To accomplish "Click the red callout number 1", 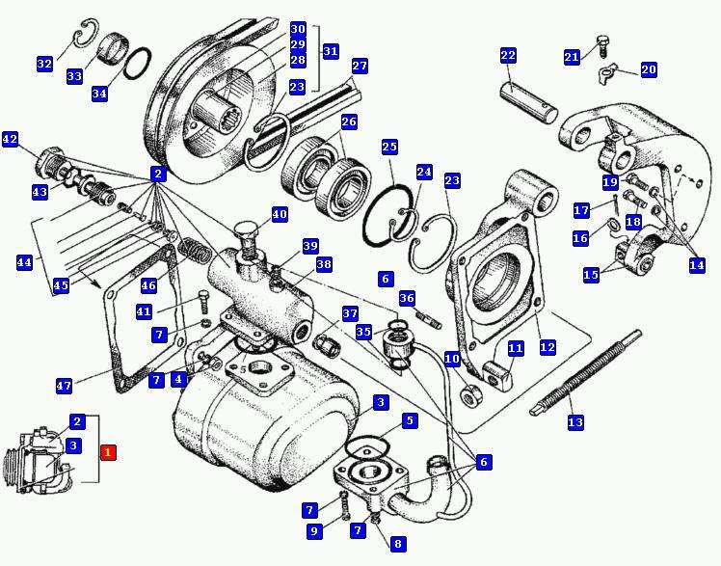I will tap(108, 451).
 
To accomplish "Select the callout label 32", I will tap(44, 64).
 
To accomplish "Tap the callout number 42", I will tap(10, 139).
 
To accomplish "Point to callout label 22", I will tap(508, 56).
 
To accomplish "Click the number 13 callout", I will tap(575, 422).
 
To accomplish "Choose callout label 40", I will tap(280, 214).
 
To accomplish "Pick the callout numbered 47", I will tap(64, 386).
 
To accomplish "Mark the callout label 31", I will tap(331, 51).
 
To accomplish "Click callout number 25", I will tap(389, 147).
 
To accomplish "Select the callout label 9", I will tap(313, 530).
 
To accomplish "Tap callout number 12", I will tap(547, 346).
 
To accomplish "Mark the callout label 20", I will tap(649, 69).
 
